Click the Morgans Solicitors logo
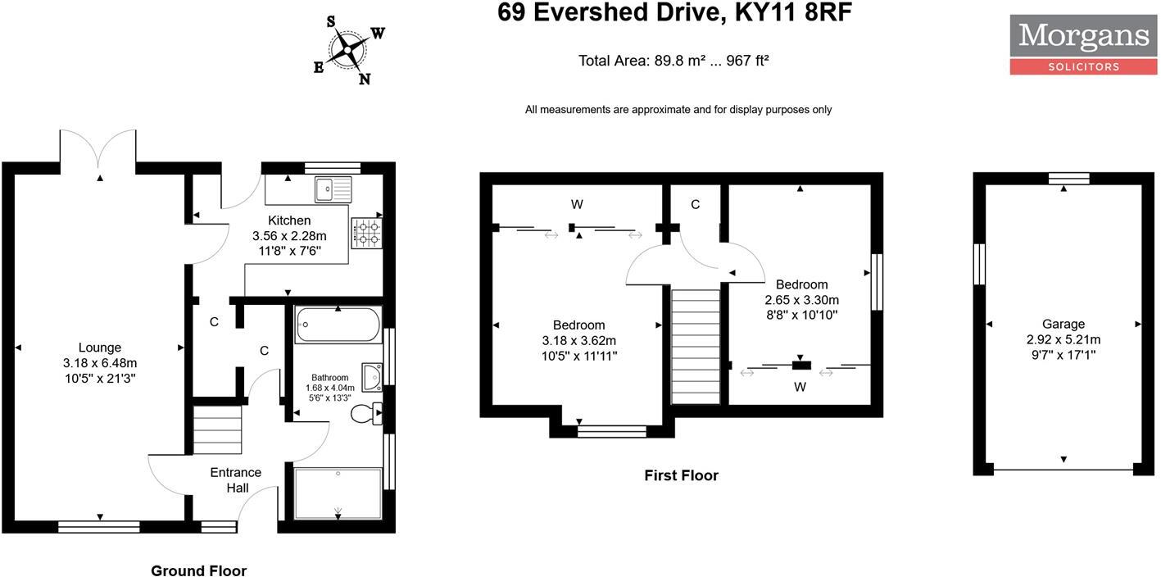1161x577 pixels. pyautogui.click(x=1082, y=44)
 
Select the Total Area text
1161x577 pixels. pyautogui.click(x=673, y=61)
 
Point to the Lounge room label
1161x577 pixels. pyautogui.click(x=100, y=348)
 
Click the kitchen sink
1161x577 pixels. pyautogui.click(x=332, y=189)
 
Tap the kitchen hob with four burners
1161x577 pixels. pyautogui.click(x=366, y=233)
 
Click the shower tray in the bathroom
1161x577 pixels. pyautogui.click(x=338, y=493)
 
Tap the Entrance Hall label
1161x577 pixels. pyautogui.click(x=236, y=479)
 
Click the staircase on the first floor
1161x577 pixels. pyautogui.click(x=695, y=346)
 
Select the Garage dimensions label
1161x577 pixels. pyautogui.click(x=1063, y=339)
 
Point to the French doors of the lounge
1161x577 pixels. pyautogui.click(x=98, y=152)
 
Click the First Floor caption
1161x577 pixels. pyautogui.click(x=681, y=475)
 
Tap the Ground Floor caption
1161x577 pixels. pyautogui.click(x=198, y=570)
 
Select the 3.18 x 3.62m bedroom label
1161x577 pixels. pyautogui.click(x=578, y=340)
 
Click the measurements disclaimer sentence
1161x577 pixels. pyautogui.click(x=678, y=110)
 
